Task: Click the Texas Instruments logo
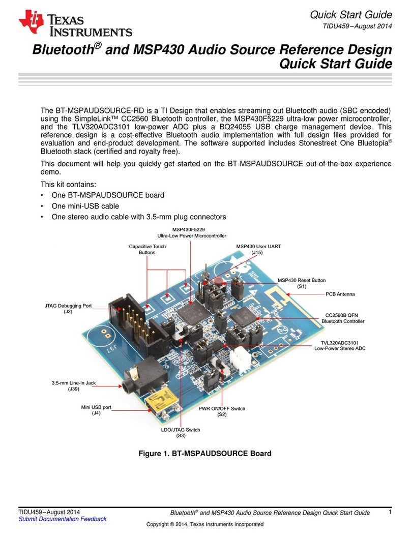coord(75,24)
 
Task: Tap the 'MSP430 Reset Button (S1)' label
coord(302,284)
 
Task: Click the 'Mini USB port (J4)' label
coord(96,410)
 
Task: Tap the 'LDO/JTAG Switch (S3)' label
coord(181,433)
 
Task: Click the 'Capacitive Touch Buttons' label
coord(147,249)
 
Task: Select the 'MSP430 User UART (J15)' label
coord(258,249)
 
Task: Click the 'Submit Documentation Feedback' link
coord(63,519)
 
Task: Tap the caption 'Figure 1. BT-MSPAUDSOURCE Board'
coord(205,453)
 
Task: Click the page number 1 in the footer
coord(389,513)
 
